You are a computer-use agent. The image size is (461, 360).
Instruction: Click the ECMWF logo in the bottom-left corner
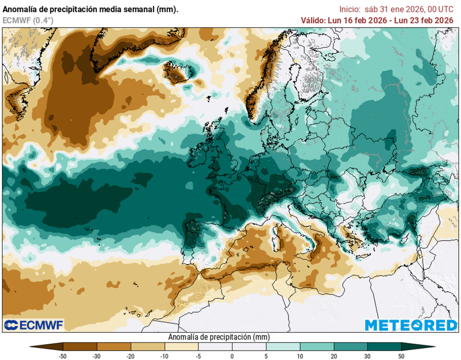[x=34, y=324]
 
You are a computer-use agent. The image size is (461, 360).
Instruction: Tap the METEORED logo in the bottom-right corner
[x=410, y=325]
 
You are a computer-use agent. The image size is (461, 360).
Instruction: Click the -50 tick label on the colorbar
[x=63, y=356]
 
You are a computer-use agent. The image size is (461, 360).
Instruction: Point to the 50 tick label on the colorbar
[x=401, y=356]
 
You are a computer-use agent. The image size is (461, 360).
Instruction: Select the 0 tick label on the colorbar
[x=232, y=356]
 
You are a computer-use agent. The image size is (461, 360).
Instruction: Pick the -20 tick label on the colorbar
[x=131, y=356]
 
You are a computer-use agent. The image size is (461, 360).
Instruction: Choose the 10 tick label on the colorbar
[x=300, y=356]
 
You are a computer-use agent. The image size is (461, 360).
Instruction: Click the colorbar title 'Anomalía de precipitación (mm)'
[x=218, y=337]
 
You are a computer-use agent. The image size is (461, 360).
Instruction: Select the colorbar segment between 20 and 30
[x=350, y=346]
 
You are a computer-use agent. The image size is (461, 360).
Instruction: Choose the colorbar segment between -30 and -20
[x=114, y=346]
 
